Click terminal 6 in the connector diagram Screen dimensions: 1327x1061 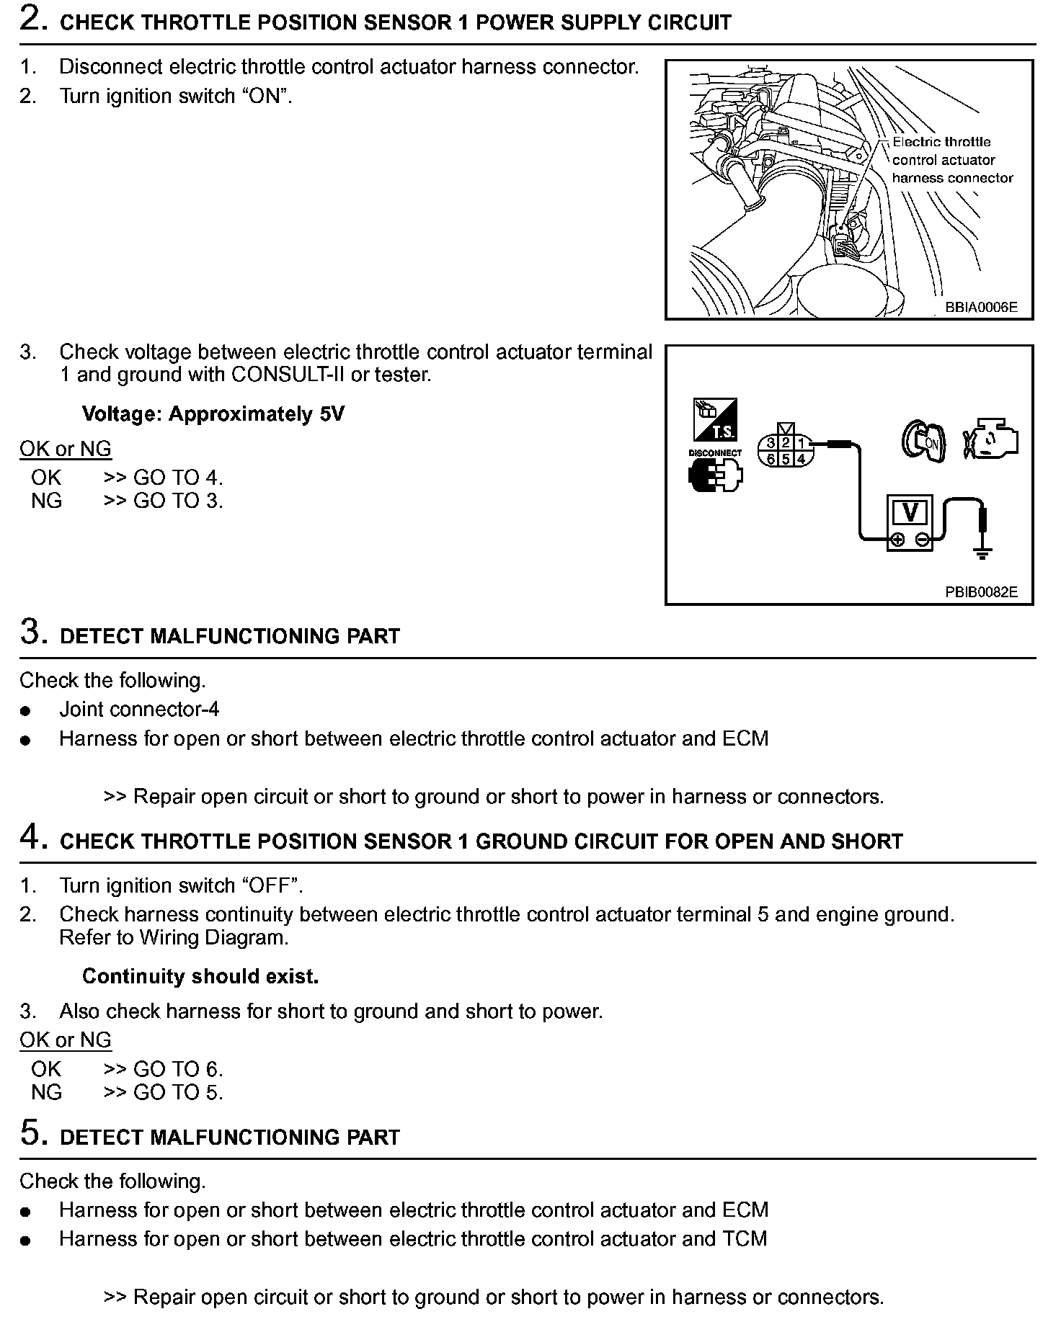click(x=771, y=459)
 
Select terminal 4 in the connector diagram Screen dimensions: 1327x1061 click(x=800, y=459)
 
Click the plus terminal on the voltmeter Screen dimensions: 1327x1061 click(x=897, y=540)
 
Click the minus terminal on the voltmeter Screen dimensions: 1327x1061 click(x=922, y=540)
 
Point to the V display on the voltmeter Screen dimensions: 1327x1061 click(x=910, y=513)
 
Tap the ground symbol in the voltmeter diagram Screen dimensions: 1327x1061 click(x=982, y=553)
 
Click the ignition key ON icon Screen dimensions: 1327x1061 click(x=923, y=442)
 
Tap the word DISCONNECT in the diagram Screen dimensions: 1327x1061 click(x=715, y=453)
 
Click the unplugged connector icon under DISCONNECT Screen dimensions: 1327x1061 click(x=715, y=476)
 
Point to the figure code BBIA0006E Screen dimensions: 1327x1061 click(x=981, y=308)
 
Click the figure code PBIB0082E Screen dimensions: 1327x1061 click(x=981, y=592)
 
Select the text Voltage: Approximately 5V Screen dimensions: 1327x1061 click(x=213, y=414)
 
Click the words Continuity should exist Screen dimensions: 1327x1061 click(x=200, y=977)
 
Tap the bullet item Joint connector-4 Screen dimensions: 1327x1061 click(x=139, y=710)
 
